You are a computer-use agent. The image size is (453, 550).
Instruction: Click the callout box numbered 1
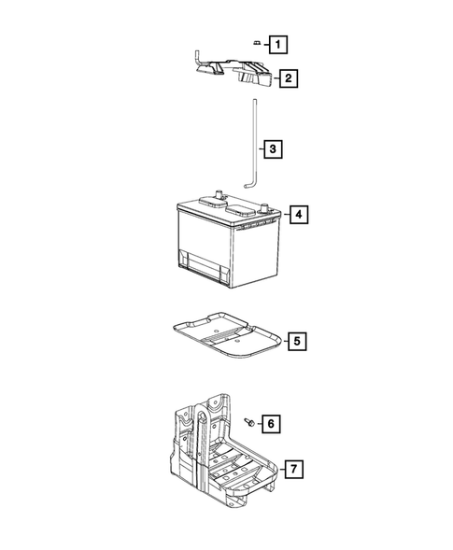point(277,43)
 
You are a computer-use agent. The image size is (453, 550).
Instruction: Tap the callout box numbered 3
point(272,148)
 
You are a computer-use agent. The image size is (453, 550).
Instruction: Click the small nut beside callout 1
point(254,41)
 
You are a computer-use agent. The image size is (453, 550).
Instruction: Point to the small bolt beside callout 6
point(250,423)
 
